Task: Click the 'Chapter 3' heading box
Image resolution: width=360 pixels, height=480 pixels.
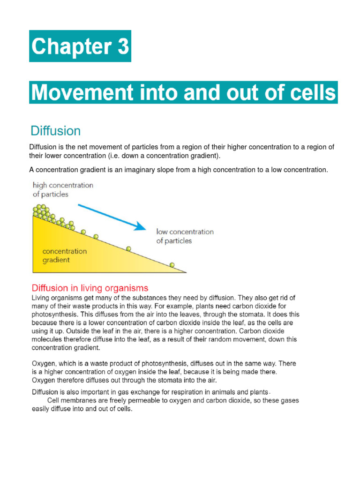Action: [x=80, y=46]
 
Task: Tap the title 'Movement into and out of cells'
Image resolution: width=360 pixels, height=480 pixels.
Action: [x=183, y=93]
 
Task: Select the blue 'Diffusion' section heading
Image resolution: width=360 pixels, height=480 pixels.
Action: [x=55, y=130]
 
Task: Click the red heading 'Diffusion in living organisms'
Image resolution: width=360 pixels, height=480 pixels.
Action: [x=90, y=288]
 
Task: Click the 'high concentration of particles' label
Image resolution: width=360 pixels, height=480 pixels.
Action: [x=63, y=189]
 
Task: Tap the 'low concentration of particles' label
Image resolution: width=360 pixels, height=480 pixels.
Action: [x=184, y=236]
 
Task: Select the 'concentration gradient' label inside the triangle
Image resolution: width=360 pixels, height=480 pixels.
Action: [x=64, y=255]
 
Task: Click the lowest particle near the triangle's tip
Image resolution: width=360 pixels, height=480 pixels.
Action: [x=172, y=265]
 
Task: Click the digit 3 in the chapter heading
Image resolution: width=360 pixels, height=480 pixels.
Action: [x=121, y=46]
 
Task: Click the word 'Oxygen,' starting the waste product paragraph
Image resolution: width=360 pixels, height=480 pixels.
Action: [x=44, y=363]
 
